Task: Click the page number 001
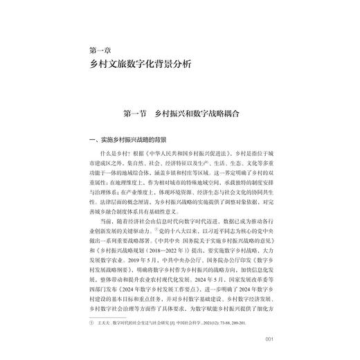[x=269, y=339]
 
